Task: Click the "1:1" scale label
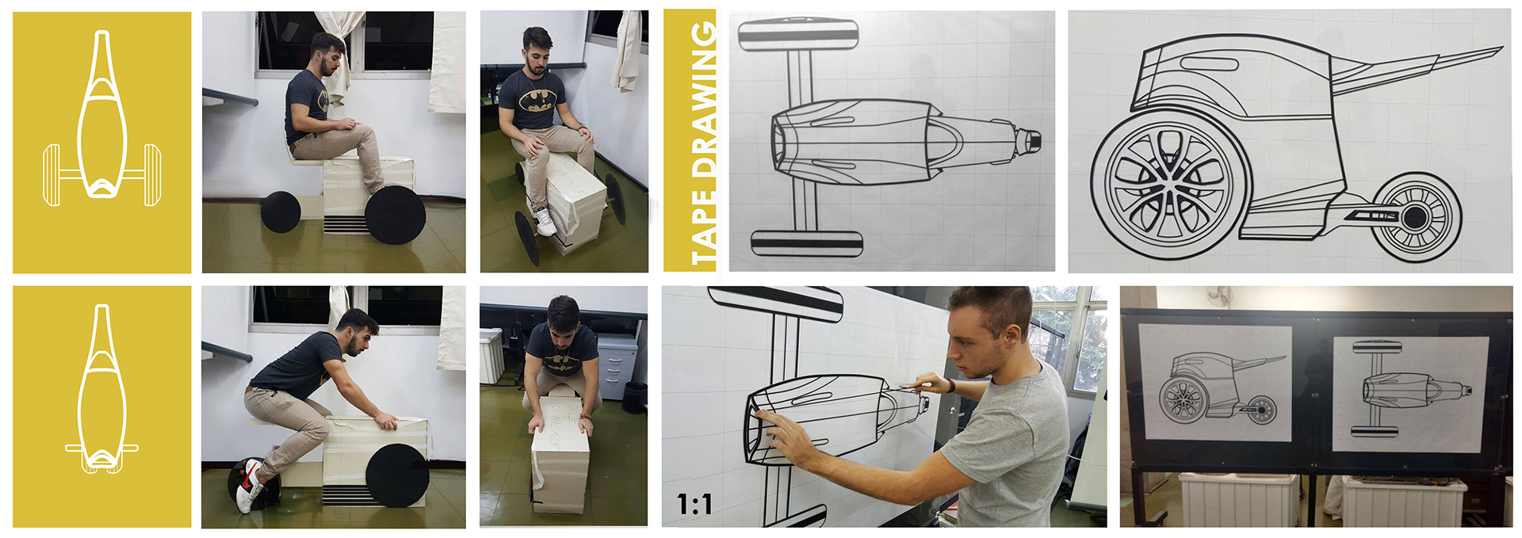(x=694, y=504)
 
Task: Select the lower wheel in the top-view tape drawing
(x=805, y=243)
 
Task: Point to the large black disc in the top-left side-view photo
(x=395, y=215)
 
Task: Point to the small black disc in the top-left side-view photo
(x=281, y=212)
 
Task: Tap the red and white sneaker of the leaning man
(x=250, y=484)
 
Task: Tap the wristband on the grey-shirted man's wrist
(x=950, y=386)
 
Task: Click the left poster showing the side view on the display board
(x=1215, y=383)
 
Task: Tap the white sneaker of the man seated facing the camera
(x=545, y=222)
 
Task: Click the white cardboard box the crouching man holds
(x=560, y=452)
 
